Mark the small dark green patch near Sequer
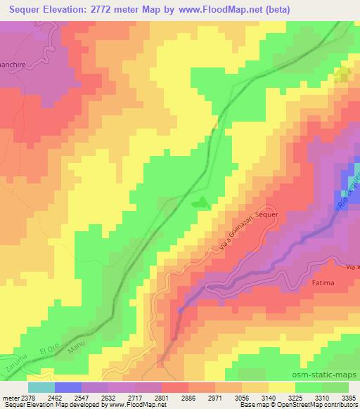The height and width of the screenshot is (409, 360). [x=201, y=202]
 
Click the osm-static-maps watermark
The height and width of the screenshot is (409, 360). [x=329, y=375]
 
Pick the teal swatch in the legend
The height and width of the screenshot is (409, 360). [x=41, y=387]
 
